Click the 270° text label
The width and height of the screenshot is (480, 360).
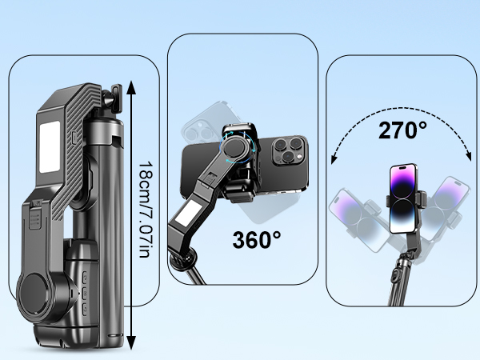[x=402, y=130]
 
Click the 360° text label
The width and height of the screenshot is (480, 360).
[x=257, y=239]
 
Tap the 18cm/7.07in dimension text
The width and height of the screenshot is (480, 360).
[x=146, y=210]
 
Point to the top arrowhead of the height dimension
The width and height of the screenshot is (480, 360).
[x=131, y=87]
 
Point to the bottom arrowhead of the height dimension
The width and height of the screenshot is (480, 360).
[x=131, y=342]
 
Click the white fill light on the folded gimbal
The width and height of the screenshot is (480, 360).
[x=50, y=147]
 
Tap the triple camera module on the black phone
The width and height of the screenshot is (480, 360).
[x=289, y=150]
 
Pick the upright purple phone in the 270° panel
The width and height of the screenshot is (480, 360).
[x=403, y=198]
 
